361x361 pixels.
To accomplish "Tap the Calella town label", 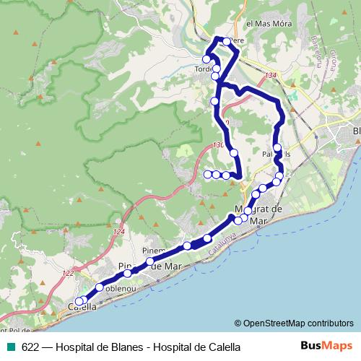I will (82, 307).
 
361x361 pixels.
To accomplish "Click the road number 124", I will (119, 232).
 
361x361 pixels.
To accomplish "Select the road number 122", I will (67, 273).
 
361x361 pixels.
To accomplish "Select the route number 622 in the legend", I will (30, 347).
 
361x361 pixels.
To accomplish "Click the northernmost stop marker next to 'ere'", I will (227, 42).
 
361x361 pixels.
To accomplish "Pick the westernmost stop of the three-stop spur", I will (208, 174).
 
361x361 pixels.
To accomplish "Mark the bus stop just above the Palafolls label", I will (277, 148).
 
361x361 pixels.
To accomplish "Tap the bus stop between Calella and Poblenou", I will (99, 287).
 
